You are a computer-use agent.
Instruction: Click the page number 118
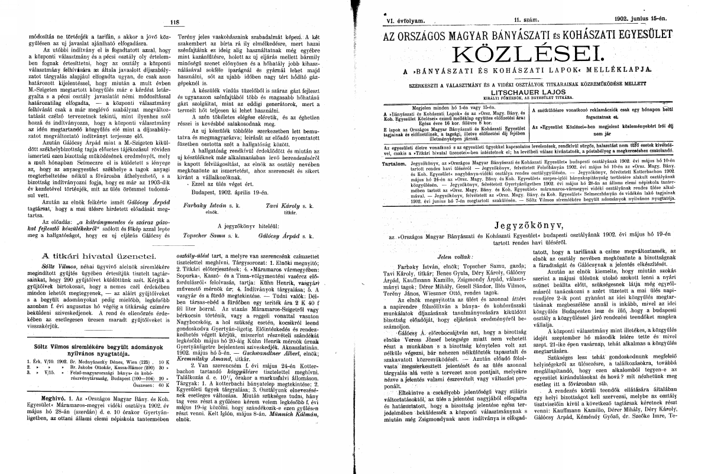tap(174, 23)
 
